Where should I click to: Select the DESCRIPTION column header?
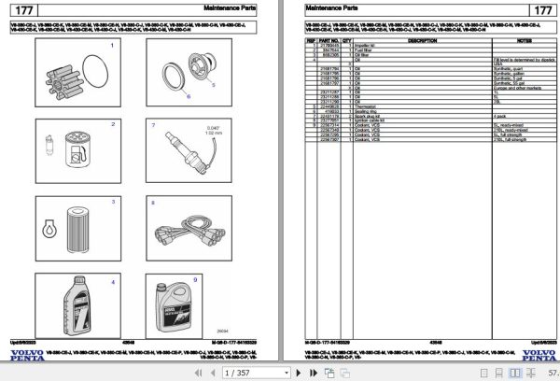click(422, 41)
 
